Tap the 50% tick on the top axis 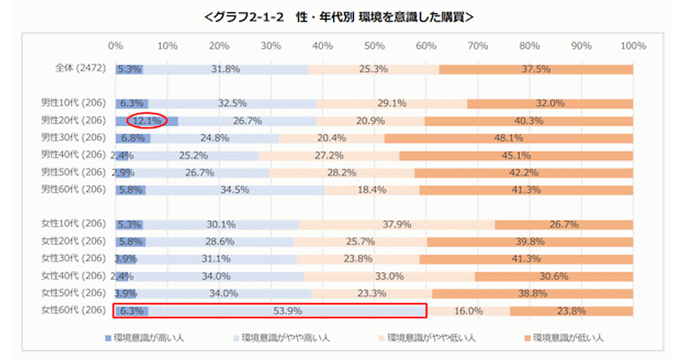click(x=374, y=46)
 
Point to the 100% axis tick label click(x=632, y=46)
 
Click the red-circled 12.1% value click(x=146, y=121)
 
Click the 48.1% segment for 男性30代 click(x=508, y=138)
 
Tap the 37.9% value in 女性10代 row click(x=397, y=225)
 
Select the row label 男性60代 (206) click(x=73, y=190)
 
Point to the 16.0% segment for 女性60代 click(x=469, y=311)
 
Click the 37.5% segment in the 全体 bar click(x=536, y=69)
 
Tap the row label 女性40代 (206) click(x=73, y=276)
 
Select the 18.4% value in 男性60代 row click(x=372, y=190)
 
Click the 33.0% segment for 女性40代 click(x=389, y=277)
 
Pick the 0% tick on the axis click(x=115, y=46)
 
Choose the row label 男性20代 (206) click(x=73, y=121)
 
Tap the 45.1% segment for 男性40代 click(x=516, y=155)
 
